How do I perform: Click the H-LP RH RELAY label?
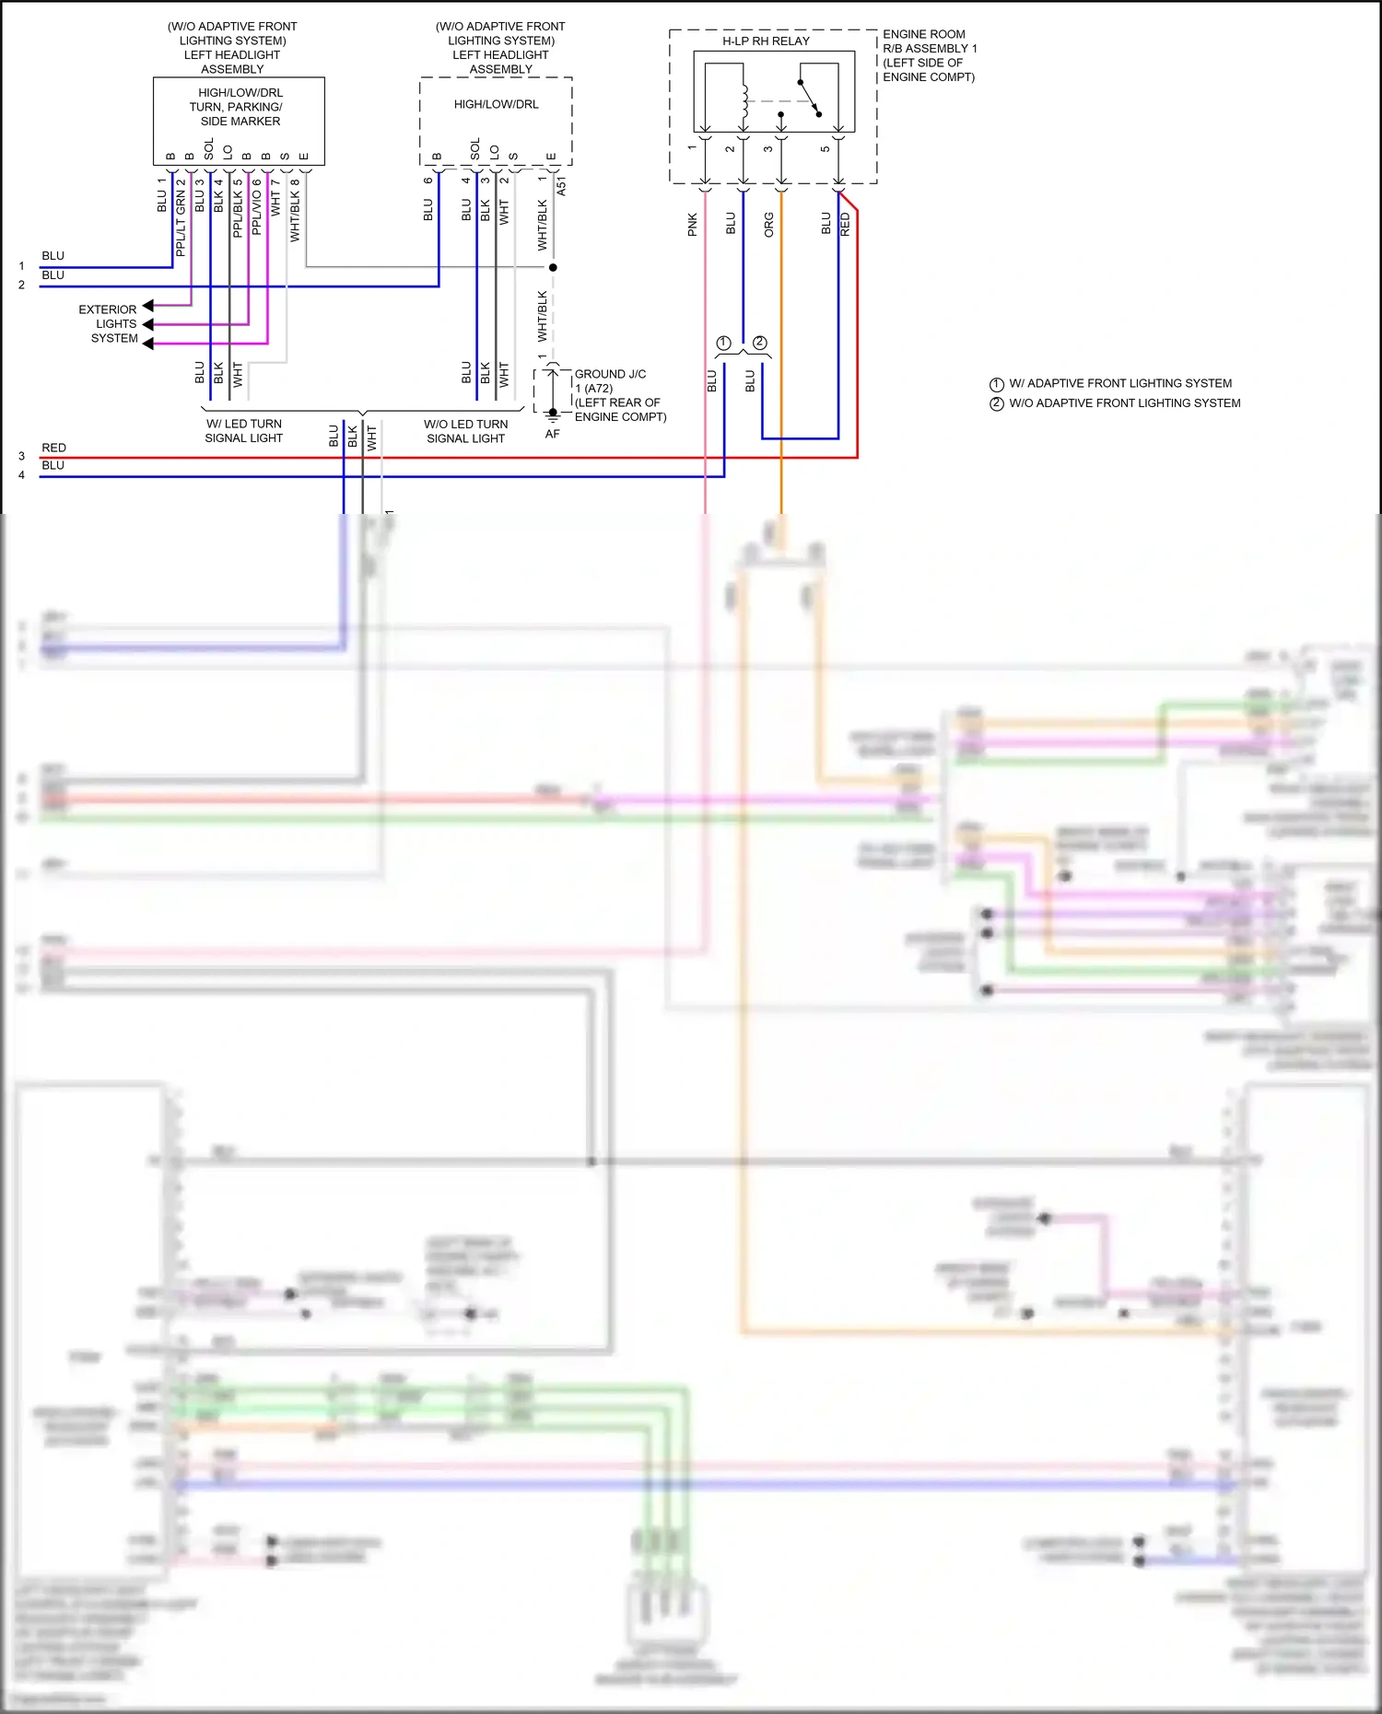pyautogui.click(x=766, y=41)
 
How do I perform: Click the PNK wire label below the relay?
pyautogui.click(x=693, y=225)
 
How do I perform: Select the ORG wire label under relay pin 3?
pyautogui.click(x=769, y=225)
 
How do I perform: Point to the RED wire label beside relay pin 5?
pyautogui.click(x=846, y=225)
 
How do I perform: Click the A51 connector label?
pyautogui.click(x=562, y=186)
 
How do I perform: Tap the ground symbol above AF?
pyautogui.click(x=553, y=414)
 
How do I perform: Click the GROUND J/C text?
pyautogui.click(x=610, y=374)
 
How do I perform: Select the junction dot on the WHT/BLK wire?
pyautogui.click(x=553, y=267)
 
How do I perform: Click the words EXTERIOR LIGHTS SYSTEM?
pyautogui.click(x=109, y=324)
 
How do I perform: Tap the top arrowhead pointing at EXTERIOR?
pyautogui.click(x=147, y=306)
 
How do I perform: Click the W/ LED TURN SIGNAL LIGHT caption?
pyautogui.click(x=243, y=431)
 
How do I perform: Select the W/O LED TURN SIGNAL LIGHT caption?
pyautogui.click(x=465, y=431)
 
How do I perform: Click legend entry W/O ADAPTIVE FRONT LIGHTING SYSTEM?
pyautogui.click(x=1124, y=403)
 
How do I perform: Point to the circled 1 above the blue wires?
pyautogui.click(x=724, y=343)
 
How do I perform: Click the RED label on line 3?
pyautogui.click(x=53, y=448)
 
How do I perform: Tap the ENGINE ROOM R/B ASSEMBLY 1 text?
pyautogui.click(x=928, y=55)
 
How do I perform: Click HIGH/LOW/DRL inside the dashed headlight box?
pyautogui.click(x=496, y=104)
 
